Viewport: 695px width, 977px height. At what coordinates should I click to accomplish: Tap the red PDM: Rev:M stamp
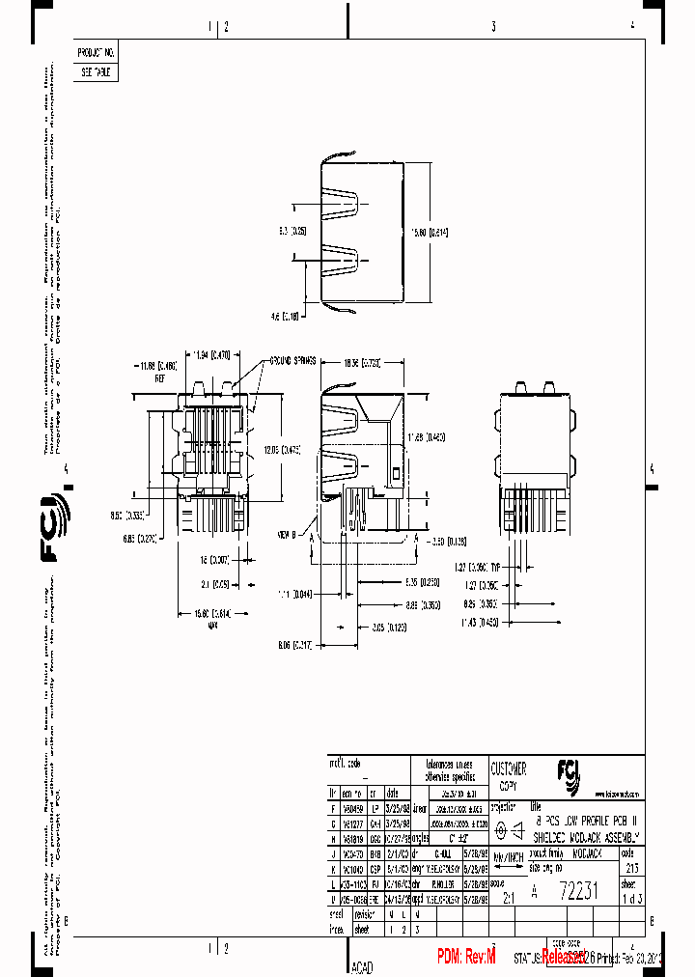point(465,956)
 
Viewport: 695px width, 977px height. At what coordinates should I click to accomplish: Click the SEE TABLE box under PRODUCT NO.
point(96,72)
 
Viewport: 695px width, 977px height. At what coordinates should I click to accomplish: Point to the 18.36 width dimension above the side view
point(362,363)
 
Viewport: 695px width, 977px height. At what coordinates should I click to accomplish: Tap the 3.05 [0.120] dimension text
point(389,627)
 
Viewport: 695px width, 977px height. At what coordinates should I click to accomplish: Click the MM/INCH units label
point(508,856)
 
